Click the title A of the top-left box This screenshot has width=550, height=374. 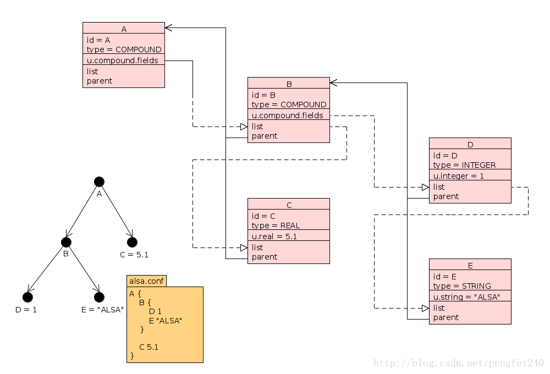pos(124,30)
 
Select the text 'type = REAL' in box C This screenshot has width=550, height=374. pos(276,226)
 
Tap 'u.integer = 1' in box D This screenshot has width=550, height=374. pos(458,176)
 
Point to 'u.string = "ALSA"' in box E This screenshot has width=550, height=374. pos(466,297)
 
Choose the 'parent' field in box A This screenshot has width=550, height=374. pos(100,81)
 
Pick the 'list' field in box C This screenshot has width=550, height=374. pos(257,248)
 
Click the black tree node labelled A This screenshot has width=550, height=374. pos(99,182)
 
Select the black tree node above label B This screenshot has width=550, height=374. pos(66,242)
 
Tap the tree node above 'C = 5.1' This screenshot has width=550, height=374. pos(132,242)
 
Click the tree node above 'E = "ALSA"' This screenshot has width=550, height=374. pos(99,297)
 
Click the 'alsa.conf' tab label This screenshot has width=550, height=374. pos(146,281)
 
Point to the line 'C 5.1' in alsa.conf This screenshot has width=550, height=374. pos(148,347)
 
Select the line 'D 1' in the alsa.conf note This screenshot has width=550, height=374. pos(155,311)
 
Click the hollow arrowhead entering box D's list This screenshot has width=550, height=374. pos(425,187)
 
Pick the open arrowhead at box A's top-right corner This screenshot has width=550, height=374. pos(169,28)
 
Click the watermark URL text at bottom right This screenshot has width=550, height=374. pos(458,364)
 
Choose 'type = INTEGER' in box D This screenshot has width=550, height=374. pos(464,165)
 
